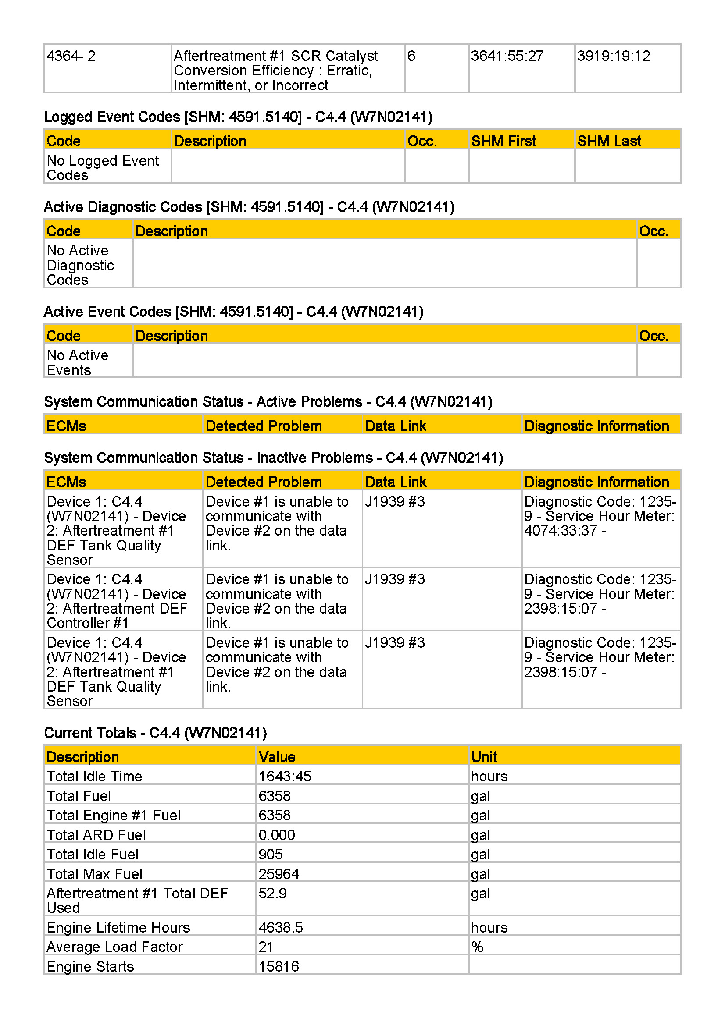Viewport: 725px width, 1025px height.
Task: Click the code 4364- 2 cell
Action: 71,56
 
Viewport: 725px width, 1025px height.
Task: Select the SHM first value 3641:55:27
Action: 507,56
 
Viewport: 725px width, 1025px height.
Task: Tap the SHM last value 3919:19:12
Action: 613,56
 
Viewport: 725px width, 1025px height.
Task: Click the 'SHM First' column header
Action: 504,141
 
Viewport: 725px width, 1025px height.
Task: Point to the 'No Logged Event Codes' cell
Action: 102,167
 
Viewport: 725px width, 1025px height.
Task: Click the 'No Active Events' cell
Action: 77,362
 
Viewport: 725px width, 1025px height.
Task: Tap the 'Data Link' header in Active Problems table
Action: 396,426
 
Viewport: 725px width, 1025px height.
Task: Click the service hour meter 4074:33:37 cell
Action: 600,516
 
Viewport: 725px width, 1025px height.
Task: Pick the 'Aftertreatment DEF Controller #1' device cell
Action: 117,601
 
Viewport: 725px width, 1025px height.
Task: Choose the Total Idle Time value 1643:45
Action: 285,777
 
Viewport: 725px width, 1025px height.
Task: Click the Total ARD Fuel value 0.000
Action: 276,835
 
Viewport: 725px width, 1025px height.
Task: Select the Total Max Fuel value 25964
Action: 279,874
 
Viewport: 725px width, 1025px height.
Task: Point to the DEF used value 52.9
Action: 272,893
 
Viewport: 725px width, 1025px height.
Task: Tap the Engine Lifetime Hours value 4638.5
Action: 281,927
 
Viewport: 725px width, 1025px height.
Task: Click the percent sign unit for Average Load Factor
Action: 477,947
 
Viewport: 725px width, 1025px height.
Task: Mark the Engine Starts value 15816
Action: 279,967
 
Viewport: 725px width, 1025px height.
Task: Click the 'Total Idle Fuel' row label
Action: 93,855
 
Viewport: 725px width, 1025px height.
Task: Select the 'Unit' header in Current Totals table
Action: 484,757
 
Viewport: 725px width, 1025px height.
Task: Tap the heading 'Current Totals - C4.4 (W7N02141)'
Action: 155,733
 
